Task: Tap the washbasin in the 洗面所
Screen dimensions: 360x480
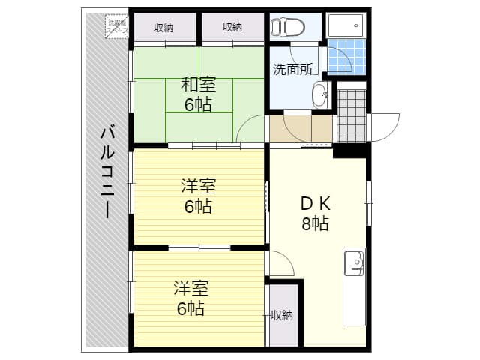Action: tap(319, 95)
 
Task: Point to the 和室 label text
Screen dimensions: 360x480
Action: tap(198, 85)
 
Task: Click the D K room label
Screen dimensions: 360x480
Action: tap(316, 203)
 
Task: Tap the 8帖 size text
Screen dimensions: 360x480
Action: tap(316, 223)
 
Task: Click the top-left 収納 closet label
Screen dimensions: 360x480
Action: tap(163, 28)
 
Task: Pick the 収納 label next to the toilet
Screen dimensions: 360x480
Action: tap(232, 28)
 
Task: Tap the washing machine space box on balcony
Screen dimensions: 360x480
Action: tap(118, 24)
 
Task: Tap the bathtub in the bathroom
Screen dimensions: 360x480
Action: tap(346, 25)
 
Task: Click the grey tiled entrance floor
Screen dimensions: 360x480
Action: tap(350, 116)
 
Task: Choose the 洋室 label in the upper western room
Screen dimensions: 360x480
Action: tap(198, 184)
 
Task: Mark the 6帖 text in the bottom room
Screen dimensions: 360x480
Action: tap(191, 307)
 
